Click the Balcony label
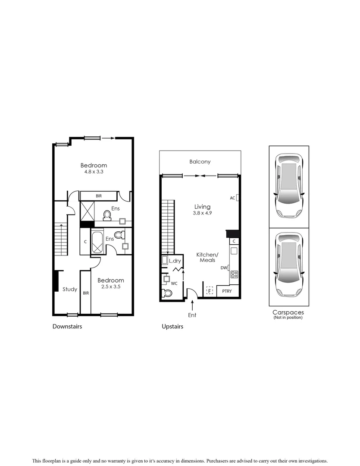coord(200,162)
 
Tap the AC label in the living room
coord(232,198)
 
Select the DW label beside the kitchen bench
coord(223,268)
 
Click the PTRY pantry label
coord(227,292)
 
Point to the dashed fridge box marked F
coord(210,291)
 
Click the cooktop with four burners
coord(235,274)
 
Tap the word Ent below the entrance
coord(192,315)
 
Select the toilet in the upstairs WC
coord(167,293)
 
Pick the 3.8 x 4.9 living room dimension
coord(202,213)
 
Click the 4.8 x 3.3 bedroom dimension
coord(94,172)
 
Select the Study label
coord(70,289)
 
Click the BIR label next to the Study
coord(85,293)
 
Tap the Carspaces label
coord(288,312)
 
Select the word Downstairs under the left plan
coord(67,327)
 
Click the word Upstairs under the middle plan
coord(172,327)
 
